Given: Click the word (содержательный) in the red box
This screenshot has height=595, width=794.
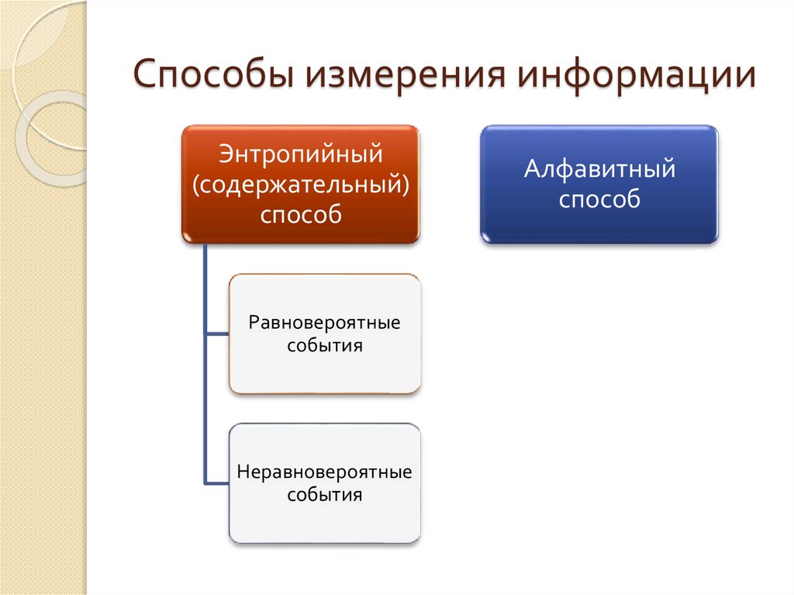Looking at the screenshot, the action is (x=301, y=184).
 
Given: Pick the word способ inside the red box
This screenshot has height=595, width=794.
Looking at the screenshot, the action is (x=301, y=215).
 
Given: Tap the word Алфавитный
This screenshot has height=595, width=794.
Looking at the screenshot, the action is (x=599, y=168).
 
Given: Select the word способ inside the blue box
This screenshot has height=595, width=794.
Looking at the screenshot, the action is (x=599, y=199).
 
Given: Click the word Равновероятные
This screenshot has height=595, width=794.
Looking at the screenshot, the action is (x=325, y=321).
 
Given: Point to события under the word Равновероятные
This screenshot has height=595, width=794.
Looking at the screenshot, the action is (x=325, y=345).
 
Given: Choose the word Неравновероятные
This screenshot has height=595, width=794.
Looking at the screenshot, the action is (x=325, y=471).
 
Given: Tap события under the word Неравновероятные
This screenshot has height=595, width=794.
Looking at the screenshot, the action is (x=325, y=494).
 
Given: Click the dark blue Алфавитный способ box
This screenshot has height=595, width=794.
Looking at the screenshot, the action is (x=599, y=225).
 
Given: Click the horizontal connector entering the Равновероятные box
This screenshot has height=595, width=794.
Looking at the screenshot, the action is (x=217, y=334).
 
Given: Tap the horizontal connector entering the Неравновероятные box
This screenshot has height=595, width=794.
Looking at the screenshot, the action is (x=217, y=483).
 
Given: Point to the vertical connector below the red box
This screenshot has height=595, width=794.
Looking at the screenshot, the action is (x=205, y=287).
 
